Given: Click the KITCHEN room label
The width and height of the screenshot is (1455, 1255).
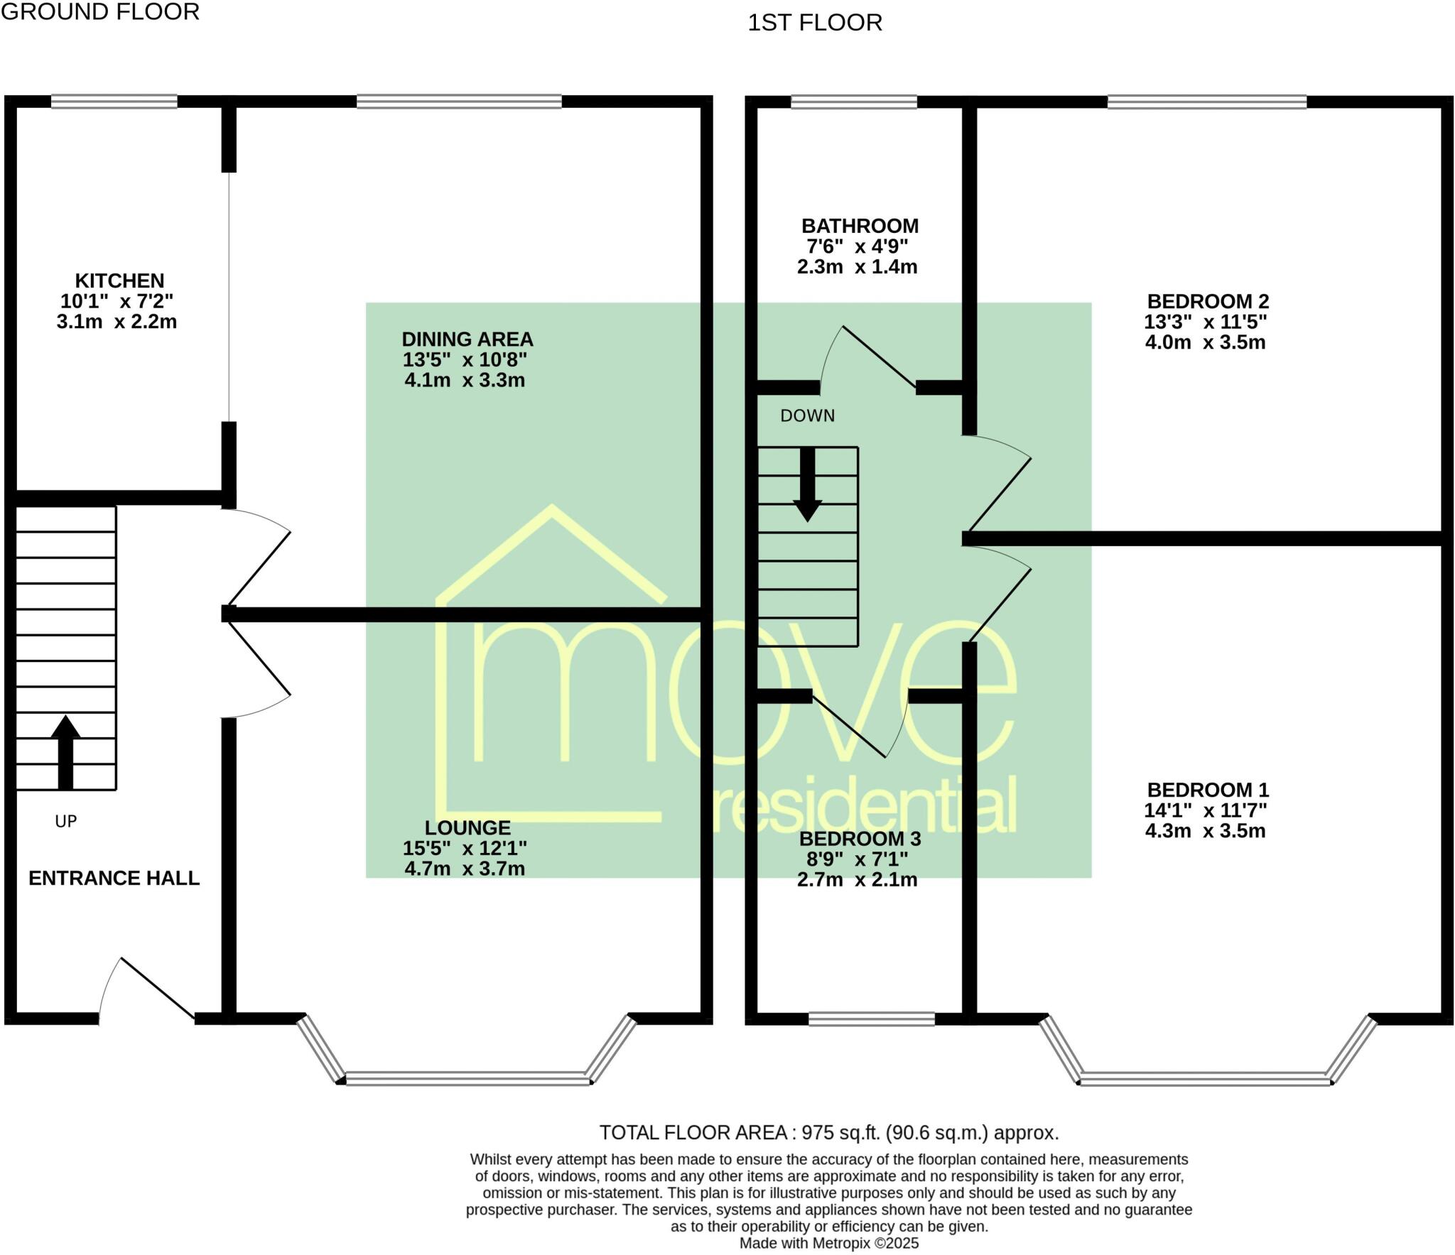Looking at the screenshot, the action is (x=119, y=281).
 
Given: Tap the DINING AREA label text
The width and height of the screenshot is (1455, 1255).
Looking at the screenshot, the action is (x=467, y=339).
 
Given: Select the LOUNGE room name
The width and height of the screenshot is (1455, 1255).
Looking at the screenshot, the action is (x=467, y=827).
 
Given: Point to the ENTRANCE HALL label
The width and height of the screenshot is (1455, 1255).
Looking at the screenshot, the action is (x=114, y=879).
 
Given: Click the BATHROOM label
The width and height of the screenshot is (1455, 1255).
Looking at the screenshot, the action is (x=860, y=226).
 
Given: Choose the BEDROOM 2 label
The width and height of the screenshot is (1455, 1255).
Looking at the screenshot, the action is (x=1208, y=302).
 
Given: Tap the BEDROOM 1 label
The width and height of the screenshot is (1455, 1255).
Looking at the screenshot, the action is (x=1208, y=790).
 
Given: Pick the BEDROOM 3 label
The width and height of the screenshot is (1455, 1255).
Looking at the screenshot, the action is (x=860, y=839).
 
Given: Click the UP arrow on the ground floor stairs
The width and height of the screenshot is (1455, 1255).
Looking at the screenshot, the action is (x=65, y=751).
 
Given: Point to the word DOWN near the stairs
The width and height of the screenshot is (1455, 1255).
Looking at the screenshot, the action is (x=807, y=416).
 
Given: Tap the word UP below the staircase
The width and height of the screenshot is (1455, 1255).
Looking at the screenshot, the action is (x=65, y=822).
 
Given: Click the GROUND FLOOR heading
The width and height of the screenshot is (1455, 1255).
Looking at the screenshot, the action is (x=100, y=12).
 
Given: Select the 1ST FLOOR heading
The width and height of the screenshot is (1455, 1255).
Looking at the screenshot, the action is (x=814, y=23).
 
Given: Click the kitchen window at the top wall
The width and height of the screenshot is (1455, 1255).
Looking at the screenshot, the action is (x=114, y=102).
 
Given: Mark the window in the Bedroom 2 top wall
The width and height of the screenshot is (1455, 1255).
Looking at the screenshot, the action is (x=1206, y=102).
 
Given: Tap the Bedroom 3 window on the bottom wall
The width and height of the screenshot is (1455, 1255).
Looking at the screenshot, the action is (x=871, y=1018).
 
